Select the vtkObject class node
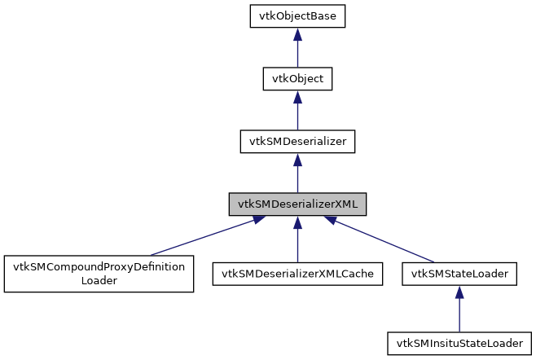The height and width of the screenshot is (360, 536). pyautogui.click(x=297, y=79)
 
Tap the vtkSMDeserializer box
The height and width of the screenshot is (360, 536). pyautogui.click(x=297, y=141)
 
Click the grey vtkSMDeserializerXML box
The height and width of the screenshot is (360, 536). pyautogui.click(x=297, y=204)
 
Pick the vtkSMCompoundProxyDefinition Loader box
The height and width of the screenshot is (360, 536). pyautogui.click(x=99, y=274)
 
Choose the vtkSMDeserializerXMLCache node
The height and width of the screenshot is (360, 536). pyautogui.click(x=297, y=274)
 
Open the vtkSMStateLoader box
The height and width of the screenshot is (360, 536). pyautogui.click(x=459, y=274)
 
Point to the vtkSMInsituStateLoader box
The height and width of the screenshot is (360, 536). pyautogui.click(x=459, y=342)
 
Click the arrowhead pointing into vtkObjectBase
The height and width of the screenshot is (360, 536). pyautogui.click(x=297, y=35)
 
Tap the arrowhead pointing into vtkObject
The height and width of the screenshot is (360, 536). pyautogui.click(x=297, y=97)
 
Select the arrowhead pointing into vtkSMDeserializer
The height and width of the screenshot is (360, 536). pyautogui.click(x=297, y=159)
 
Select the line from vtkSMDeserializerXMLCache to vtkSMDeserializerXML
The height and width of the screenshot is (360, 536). pyautogui.click(x=297, y=244)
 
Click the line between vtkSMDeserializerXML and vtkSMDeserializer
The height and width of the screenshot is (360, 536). pyautogui.click(x=297, y=179)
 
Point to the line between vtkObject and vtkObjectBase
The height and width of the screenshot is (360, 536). pyautogui.click(x=297, y=55)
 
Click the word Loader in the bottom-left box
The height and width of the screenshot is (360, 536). pyautogui.click(x=99, y=281)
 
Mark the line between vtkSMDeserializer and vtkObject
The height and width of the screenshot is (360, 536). pyautogui.click(x=297, y=117)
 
